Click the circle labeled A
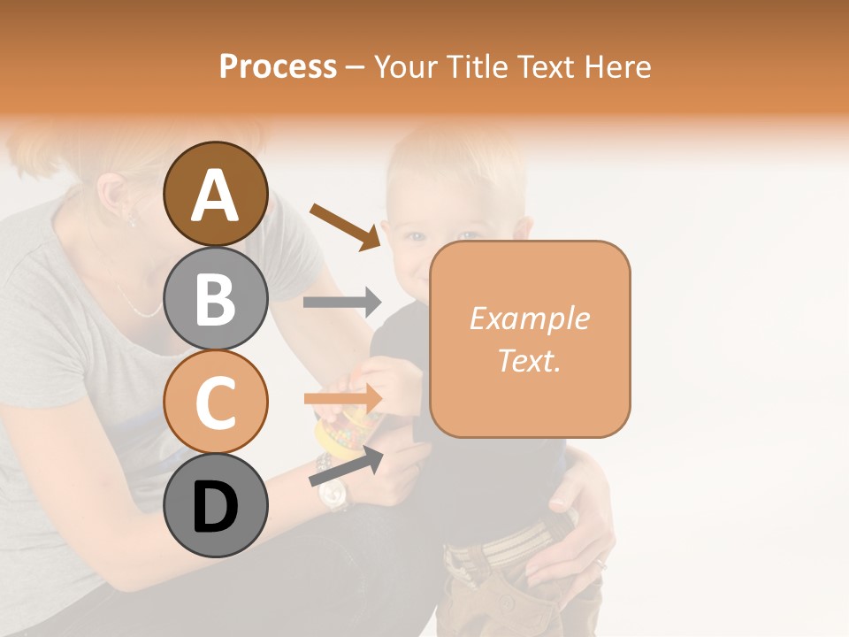point(215,194)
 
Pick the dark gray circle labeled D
point(215,505)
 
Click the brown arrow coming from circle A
point(345,225)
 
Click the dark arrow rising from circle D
point(346,466)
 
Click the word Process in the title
point(278,66)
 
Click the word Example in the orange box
point(529,318)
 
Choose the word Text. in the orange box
point(529,360)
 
